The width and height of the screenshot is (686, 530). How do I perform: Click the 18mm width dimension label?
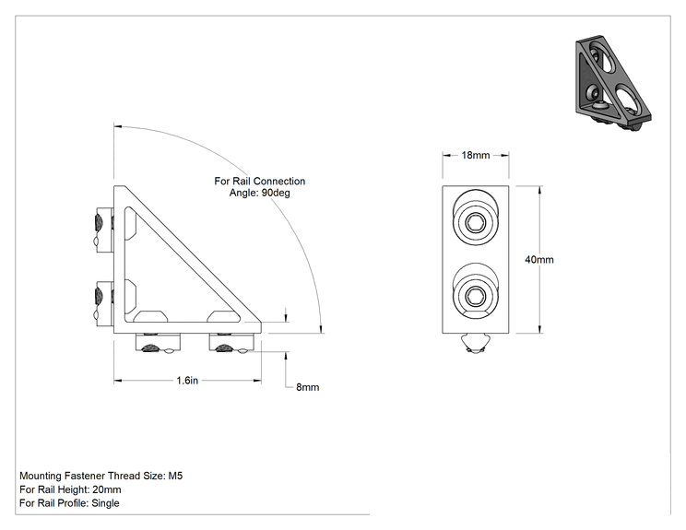[476, 155]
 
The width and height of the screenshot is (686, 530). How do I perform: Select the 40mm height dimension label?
[539, 260]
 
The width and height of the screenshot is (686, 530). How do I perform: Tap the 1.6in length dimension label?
[187, 381]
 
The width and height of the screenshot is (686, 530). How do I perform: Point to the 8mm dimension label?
[308, 387]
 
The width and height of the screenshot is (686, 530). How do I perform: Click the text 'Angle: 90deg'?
[260, 193]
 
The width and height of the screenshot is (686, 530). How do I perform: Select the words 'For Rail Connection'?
[260, 181]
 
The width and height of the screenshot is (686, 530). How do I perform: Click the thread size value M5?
[175, 476]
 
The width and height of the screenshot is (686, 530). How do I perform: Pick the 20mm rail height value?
[107, 489]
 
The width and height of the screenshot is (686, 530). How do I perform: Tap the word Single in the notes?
[105, 503]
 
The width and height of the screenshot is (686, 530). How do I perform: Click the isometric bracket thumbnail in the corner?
[613, 83]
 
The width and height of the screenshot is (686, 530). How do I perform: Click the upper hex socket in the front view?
[475, 222]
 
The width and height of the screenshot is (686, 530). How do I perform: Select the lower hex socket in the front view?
[475, 297]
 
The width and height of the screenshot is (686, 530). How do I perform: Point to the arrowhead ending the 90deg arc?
[322, 328]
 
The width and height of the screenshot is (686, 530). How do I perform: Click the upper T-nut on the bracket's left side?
[103, 230]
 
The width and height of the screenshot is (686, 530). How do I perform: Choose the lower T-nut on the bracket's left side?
[103, 304]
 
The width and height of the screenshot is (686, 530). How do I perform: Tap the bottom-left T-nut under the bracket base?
[158, 343]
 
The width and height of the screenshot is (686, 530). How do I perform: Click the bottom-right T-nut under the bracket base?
[232, 343]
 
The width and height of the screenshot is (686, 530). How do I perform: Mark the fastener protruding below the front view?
[475, 344]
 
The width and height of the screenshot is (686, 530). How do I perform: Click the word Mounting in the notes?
[41, 476]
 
